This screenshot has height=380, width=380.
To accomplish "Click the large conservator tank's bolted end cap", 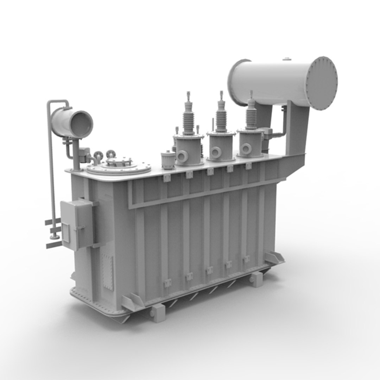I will click(321, 83).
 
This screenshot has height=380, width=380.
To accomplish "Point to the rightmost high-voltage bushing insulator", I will click(251, 114).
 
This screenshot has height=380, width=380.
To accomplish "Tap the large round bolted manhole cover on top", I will click(119, 168).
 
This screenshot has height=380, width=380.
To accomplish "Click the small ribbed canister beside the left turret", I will click(168, 160).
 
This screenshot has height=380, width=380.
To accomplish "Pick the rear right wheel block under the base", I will click(256, 279).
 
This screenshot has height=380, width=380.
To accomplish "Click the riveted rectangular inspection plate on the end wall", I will click(107, 272).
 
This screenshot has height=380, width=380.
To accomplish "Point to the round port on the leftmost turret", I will click(183, 156).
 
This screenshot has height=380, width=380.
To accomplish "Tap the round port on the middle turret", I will click(215, 152).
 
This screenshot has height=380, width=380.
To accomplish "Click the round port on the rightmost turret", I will click(246, 149).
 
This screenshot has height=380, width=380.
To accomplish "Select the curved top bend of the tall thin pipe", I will click(58, 102).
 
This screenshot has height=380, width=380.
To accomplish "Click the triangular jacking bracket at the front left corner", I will click(133, 302).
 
